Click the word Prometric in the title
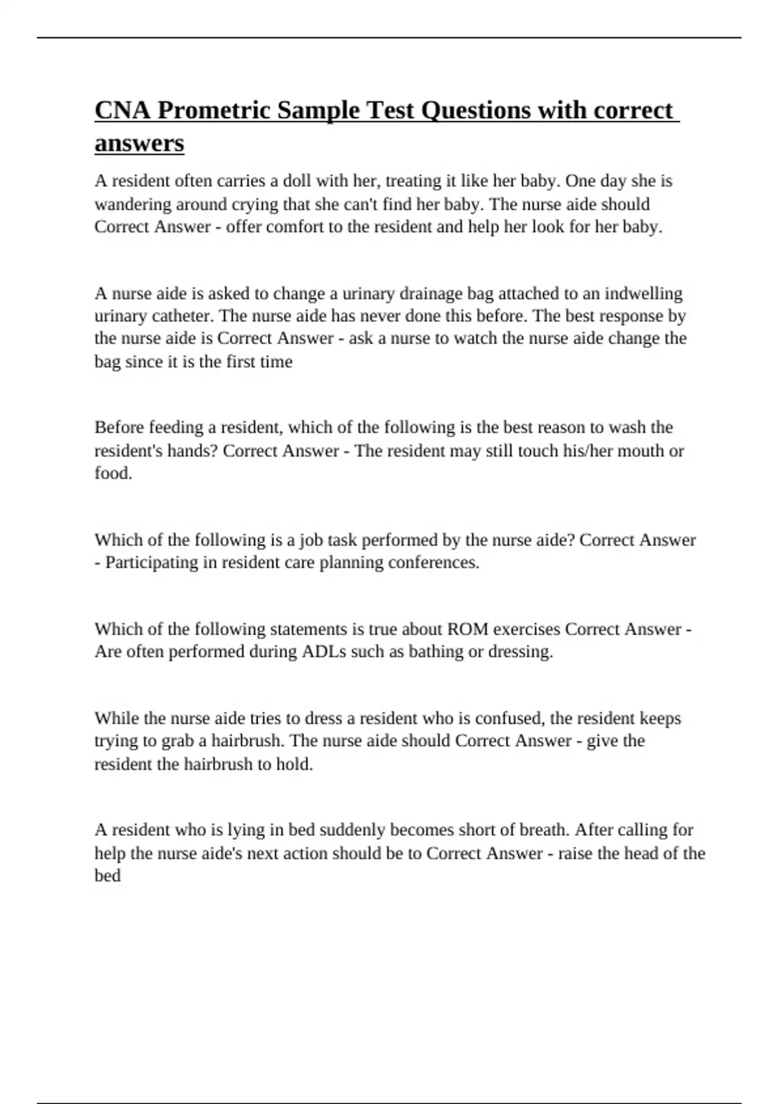pos(214,110)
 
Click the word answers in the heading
pos(139,143)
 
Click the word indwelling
pos(643,294)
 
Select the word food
pos(113,473)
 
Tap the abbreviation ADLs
pos(323,651)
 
